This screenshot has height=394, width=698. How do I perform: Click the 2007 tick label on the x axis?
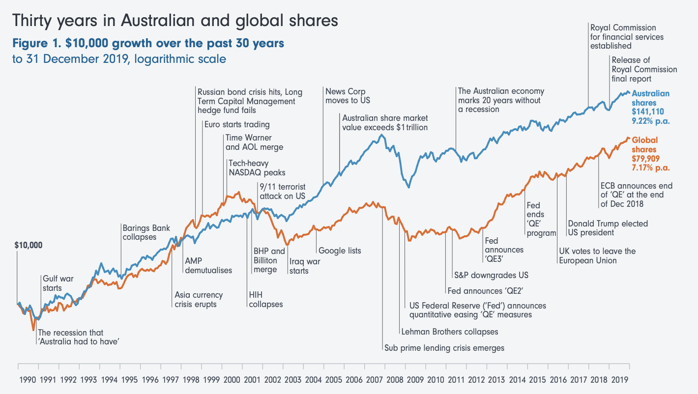tap(375, 380)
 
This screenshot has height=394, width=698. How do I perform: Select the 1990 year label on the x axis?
tap(27, 380)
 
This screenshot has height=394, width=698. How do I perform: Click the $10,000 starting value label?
tap(29, 245)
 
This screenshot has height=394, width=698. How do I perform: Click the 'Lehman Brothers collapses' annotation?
tap(450, 332)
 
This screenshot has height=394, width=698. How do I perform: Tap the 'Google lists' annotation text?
tap(340, 251)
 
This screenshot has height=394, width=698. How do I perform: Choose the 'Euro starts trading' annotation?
tap(237, 124)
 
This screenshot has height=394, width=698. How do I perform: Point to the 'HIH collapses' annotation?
tap(266, 300)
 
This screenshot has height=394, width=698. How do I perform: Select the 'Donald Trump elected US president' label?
tap(608, 228)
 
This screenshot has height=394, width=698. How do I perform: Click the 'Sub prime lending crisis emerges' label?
tap(444, 348)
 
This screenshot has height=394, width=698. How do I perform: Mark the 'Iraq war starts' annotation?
tap(305, 266)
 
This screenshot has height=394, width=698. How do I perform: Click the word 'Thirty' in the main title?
tap(31, 21)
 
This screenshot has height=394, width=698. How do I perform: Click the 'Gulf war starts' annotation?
tap(58, 283)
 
